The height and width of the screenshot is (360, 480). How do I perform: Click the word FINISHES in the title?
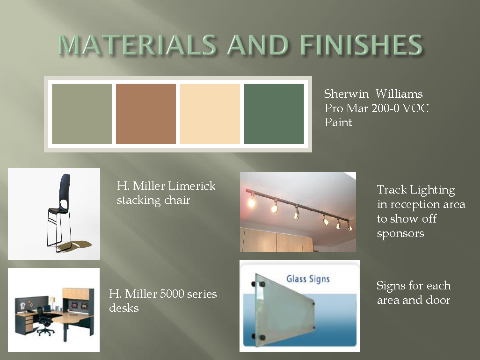point(362,45)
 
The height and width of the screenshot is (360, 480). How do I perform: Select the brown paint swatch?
point(146,114)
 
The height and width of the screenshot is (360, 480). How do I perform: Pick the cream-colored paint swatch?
point(210,114)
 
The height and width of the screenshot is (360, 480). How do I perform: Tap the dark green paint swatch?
point(274,114)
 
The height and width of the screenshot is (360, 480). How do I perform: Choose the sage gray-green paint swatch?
point(82,114)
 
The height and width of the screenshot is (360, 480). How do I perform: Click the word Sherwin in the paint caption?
point(347,94)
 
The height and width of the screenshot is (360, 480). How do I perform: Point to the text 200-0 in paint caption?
point(385,108)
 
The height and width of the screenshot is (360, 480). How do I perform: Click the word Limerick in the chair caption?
point(192,186)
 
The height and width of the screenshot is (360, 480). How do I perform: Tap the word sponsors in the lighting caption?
point(400,233)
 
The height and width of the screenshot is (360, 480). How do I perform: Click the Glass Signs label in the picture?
point(308,279)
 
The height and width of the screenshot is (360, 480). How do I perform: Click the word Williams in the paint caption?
point(399,94)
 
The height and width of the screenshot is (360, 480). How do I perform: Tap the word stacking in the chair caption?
point(139,201)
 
